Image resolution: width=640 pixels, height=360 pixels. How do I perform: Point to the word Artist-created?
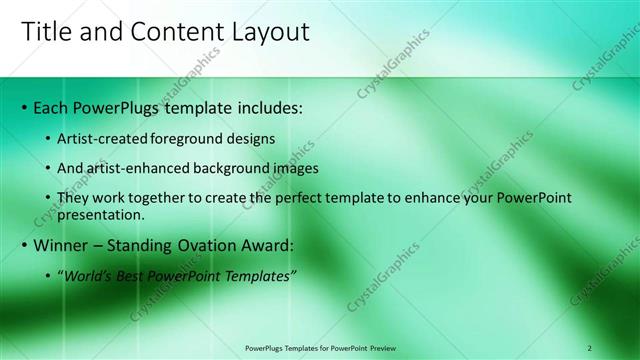pos(107,137)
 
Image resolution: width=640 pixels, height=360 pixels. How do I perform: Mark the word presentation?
pos(115,214)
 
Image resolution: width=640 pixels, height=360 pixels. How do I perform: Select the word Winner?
pos(62,245)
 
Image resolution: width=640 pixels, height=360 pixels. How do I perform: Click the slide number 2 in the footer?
pos(590,348)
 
